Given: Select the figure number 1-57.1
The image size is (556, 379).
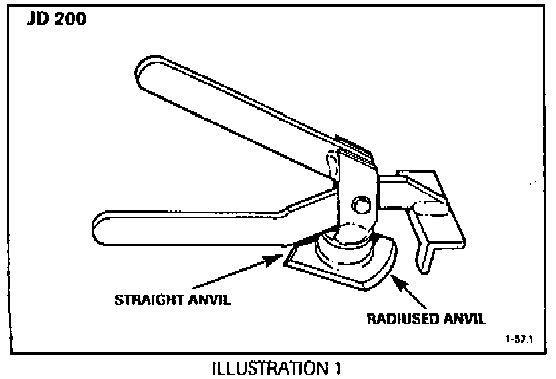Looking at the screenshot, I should [519, 339].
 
